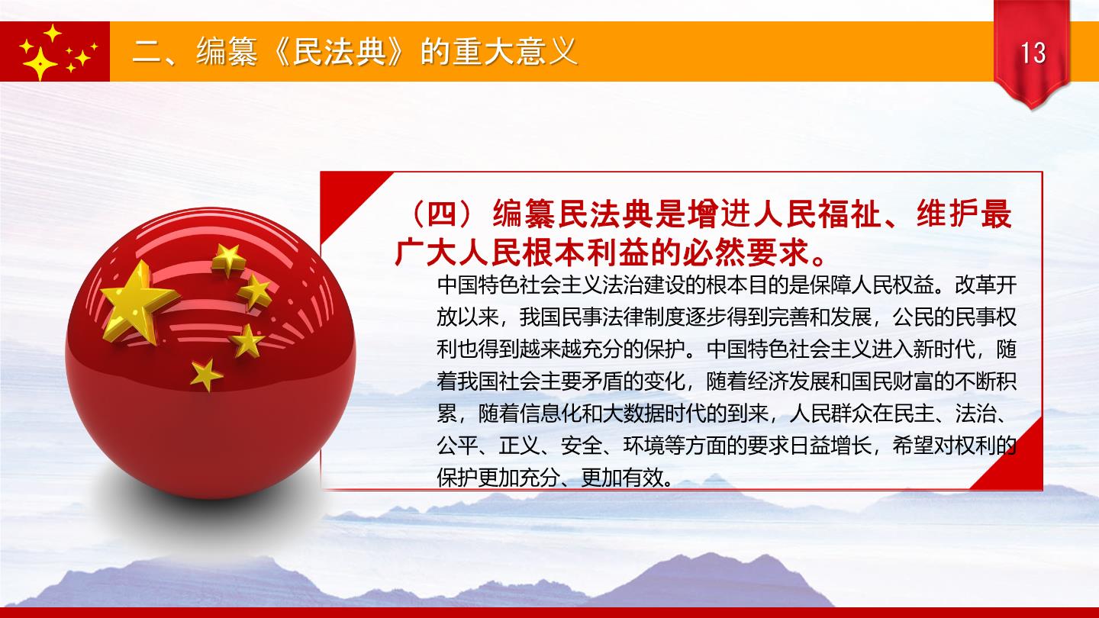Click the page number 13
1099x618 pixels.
coord(1033,53)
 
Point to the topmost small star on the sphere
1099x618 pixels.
coord(229,259)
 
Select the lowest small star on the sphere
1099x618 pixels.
coord(206,375)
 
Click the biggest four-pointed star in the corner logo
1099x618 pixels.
coord(39,63)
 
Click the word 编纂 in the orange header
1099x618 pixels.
coord(227,51)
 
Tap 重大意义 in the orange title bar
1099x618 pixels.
coord(514,51)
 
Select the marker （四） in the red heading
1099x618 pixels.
coord(442,214)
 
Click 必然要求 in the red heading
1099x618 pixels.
coord(745,253)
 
